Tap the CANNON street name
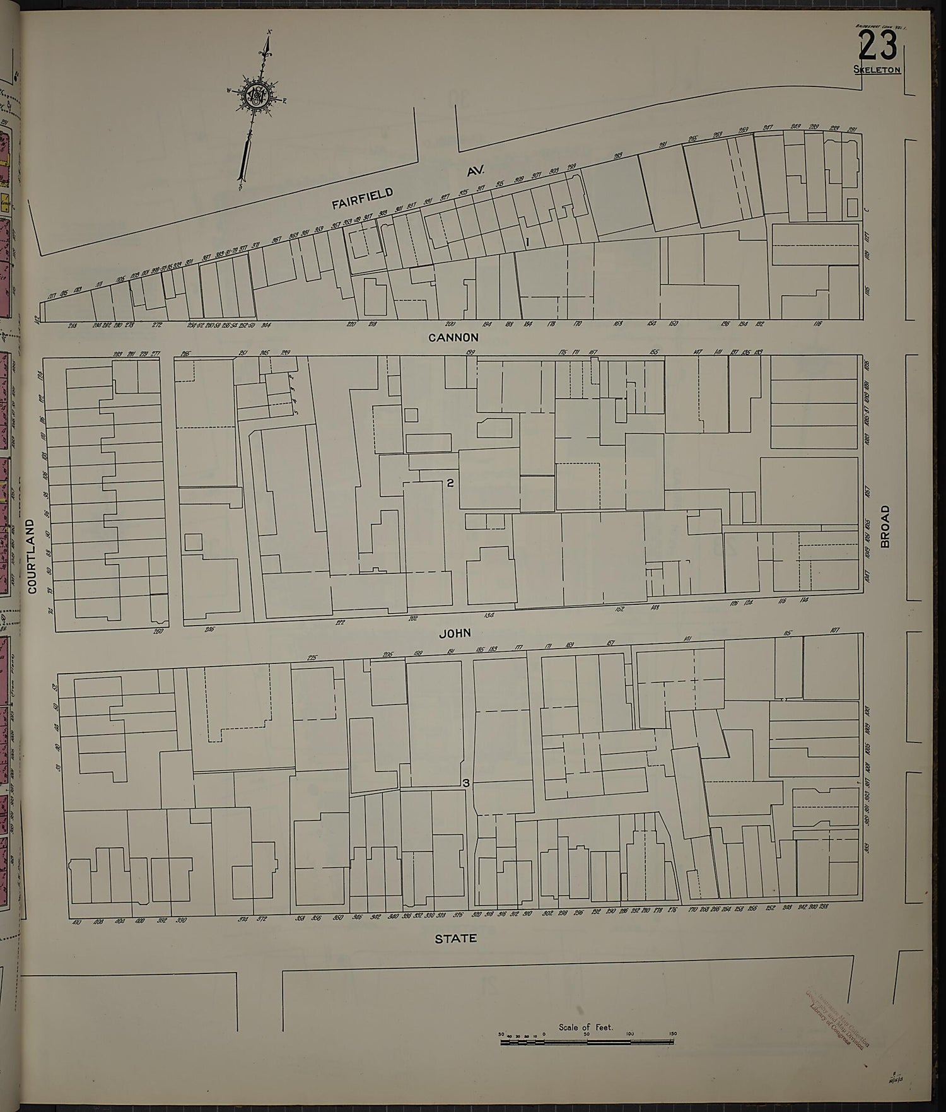point(453,337)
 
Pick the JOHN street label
point(454,633)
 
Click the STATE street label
point(455,939)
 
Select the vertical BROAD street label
point(884,526)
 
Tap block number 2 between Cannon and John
point(450,484)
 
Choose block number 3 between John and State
point(466,783)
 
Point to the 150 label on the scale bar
point(673,1034)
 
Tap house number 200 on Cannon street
point(450,324)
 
